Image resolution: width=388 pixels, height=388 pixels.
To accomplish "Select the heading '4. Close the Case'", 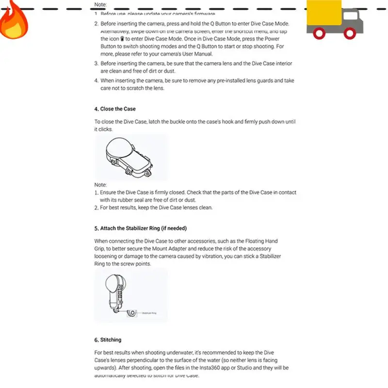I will tap(115, 109).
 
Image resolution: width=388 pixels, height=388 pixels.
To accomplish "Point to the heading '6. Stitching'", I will tap(108, 339).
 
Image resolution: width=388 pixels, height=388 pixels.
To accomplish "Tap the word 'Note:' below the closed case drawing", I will tap(100, 185).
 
